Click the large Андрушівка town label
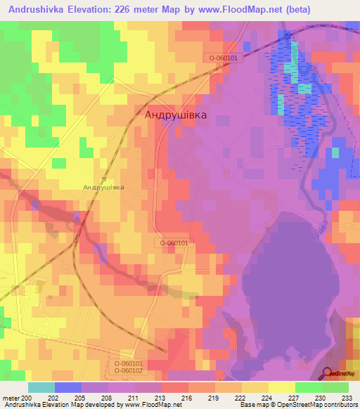[x=176, y=115]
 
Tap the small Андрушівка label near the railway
[x=103, y=188]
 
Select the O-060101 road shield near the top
[x=224, y=58]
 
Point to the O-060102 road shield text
[x=129, y=370]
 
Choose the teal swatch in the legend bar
[x=41, y=387]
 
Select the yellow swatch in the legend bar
[x=282, y=387]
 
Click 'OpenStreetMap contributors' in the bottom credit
[x=316, y=405]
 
